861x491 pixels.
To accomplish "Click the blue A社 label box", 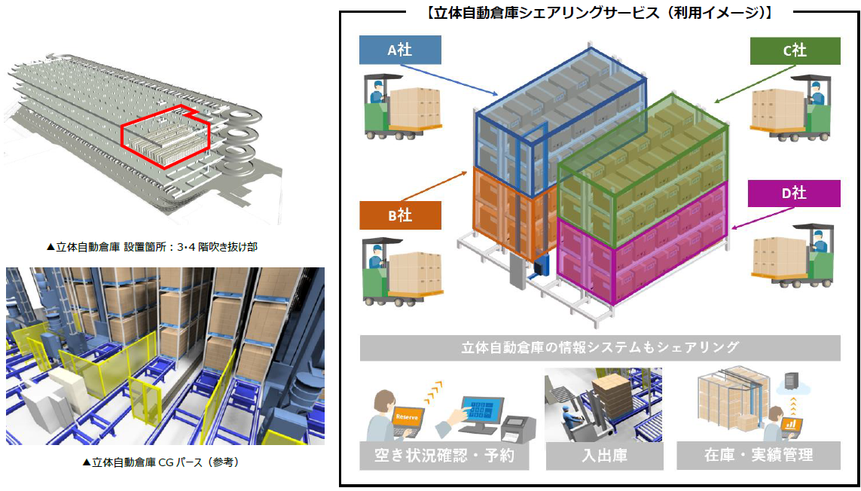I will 400,50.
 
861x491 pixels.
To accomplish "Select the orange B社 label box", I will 400,215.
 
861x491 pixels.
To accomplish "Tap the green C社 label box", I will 795,50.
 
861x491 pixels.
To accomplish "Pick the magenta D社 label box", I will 794,194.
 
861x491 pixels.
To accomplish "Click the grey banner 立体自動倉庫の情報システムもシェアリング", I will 600,348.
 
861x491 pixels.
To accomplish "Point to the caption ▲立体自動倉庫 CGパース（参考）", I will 165,462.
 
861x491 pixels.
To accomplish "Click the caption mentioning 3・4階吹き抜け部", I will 151,246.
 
